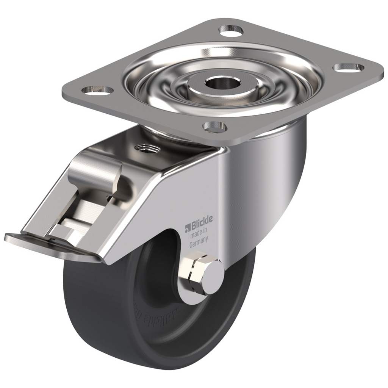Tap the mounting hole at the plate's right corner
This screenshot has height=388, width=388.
(348, 67)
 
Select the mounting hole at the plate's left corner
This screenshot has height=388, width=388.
(97, 90)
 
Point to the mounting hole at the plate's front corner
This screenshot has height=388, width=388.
(214, 127)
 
